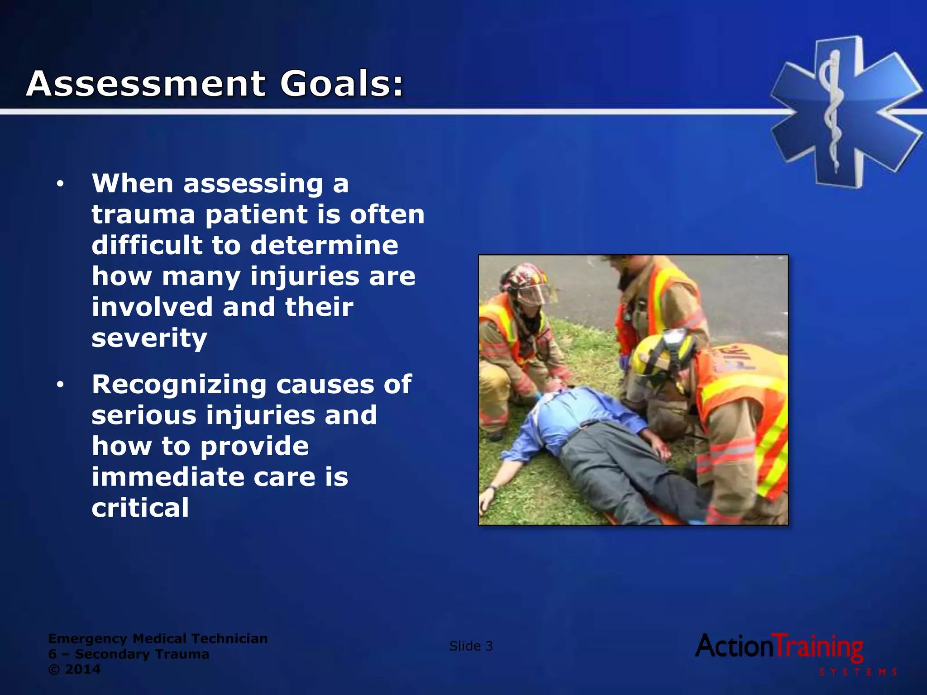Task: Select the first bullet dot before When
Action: tap(60, 184)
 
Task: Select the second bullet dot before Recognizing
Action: tap(60, 385)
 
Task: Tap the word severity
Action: tap(149, 338)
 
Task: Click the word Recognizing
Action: tap(179, 385)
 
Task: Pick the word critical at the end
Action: tap(140, 508)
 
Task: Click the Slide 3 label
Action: tap(471, 646)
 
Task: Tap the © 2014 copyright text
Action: tap(74, 669)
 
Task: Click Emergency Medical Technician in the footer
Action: tap(158, 638)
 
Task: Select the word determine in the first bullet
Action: tap(324, 245)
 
